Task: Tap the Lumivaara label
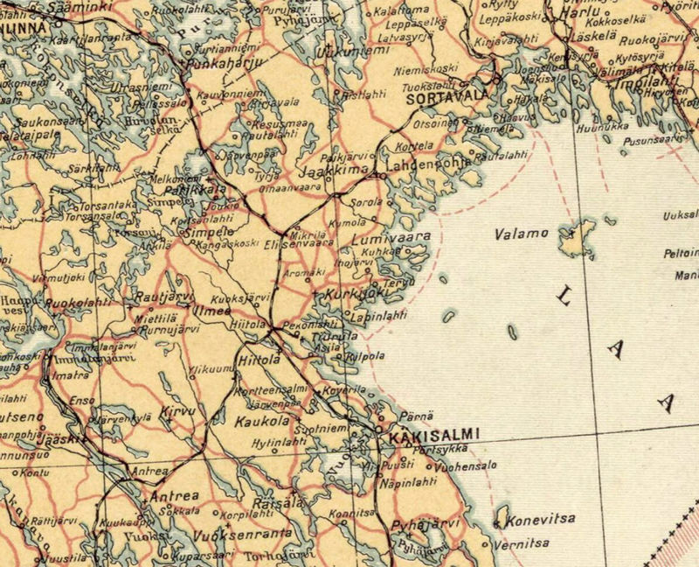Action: [x=389, y=238]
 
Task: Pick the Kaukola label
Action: [x=262, y=423]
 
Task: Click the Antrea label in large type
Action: [x=176, y=496]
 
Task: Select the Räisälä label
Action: [x=277, y=503]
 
